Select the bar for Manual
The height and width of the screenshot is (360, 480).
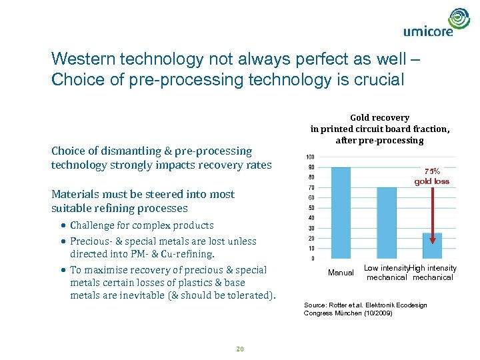341,213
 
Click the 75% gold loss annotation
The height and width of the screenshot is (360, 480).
432,176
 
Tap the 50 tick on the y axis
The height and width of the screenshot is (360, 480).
311,208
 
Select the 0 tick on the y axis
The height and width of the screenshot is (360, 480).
313,259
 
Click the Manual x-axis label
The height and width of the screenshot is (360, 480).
341,273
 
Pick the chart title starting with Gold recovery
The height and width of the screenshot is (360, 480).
380,129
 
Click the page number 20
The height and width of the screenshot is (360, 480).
241,348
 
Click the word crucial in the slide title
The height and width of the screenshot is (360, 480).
380,80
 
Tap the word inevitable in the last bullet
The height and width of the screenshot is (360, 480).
134,295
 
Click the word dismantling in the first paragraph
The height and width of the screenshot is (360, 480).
121,151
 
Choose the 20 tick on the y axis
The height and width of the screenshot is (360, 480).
311,239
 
